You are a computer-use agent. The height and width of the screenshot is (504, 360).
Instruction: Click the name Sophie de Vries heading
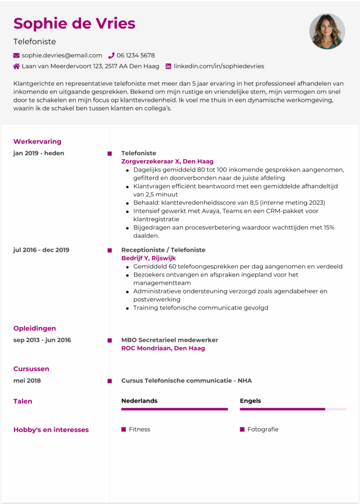click(x=74, y=23)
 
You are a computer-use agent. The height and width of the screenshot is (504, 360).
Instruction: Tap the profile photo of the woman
click(x=327, y=31)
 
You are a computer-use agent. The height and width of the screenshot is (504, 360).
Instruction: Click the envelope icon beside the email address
click(x=17, y=56)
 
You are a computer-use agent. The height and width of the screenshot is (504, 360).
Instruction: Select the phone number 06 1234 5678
click(x=135, y=56)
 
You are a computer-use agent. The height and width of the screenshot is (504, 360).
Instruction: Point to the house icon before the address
click(x=17, y=66)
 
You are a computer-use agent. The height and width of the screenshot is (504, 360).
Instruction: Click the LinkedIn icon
click(x=168, y=66)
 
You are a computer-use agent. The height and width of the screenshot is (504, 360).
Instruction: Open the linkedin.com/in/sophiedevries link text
click(x=219, y=66)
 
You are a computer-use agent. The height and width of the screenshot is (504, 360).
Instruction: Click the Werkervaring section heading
click(x=37, y=142)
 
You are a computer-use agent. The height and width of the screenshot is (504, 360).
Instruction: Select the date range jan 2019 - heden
click(x=38, y=153)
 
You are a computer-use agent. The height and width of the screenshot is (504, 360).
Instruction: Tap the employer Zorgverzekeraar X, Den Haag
click(x=167, y=161)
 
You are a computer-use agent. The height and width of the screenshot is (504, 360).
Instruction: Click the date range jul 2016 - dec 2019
click(x=41, y=250)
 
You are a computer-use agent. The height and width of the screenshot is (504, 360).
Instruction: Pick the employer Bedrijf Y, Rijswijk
click(x=148, y=258)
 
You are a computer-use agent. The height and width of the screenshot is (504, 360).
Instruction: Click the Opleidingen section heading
click(x=34, y=328)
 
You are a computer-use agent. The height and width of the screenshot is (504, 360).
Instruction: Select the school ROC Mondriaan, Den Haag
click(x=163, y=348)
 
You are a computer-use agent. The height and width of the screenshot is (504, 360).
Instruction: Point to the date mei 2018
click(x=27, y=380)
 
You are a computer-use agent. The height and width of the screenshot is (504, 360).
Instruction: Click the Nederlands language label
click(x=139, y=401)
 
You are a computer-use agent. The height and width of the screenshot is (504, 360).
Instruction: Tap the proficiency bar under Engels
click(x=293, y=409)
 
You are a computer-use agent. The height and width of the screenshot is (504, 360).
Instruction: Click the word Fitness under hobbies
click(x=139, y=429)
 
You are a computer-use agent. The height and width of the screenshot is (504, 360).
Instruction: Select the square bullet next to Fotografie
click(x=242, y=429)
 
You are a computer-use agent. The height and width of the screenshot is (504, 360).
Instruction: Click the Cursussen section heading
click(x=31, y=369)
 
